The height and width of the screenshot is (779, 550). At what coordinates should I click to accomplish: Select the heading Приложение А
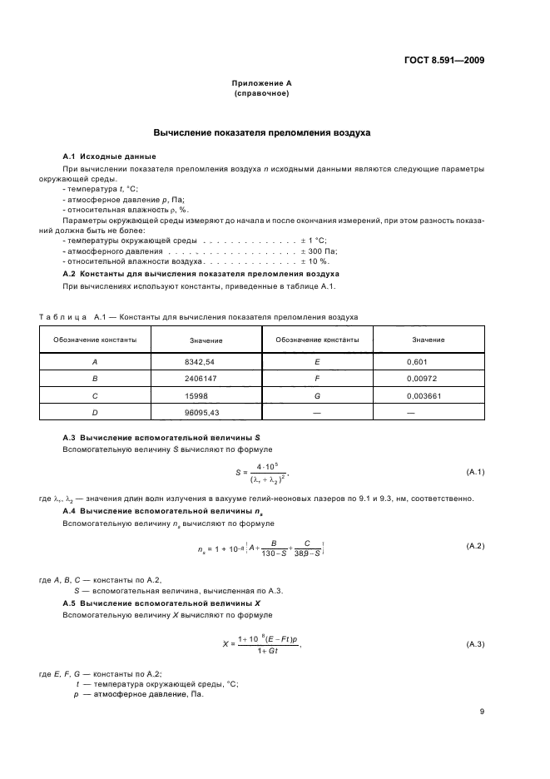[262, 84]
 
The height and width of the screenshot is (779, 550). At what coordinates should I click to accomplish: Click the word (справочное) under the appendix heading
[262, 93]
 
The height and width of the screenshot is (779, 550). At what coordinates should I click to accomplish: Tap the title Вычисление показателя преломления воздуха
[262, 133]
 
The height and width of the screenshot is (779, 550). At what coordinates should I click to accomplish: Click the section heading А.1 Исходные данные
[108, 157]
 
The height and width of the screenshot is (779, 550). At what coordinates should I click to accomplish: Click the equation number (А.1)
[475, 472]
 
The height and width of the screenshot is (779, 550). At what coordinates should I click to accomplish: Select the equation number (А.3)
[475, 644]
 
